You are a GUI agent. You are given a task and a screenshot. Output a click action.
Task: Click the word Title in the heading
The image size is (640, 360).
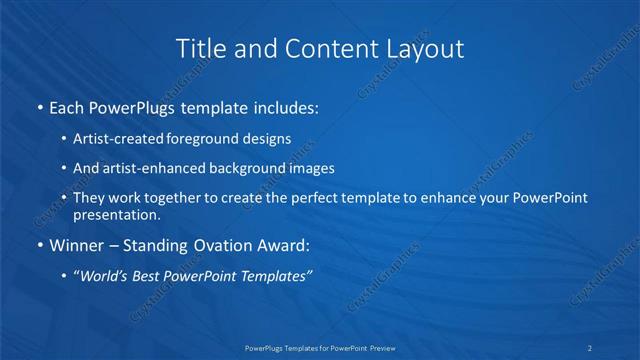tap(200, 48)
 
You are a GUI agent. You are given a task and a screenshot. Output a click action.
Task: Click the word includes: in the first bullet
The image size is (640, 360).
tap(285, 106)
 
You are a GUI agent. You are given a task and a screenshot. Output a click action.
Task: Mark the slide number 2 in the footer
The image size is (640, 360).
tap(590, 347)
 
